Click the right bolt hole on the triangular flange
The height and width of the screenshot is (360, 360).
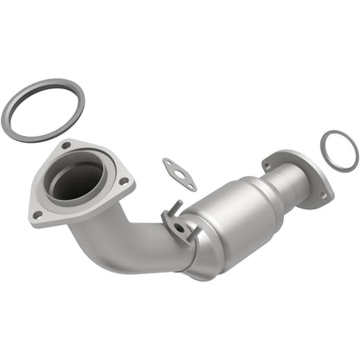pyautogui.click(x=124, y=181)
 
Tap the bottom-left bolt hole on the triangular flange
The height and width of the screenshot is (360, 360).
pyautogui.click(x=37, y=214)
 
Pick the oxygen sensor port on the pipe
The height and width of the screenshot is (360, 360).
pyautogui.click(x=179, y=228)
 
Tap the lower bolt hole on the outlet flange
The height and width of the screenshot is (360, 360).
pyautogui.click(x=323, y=196)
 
